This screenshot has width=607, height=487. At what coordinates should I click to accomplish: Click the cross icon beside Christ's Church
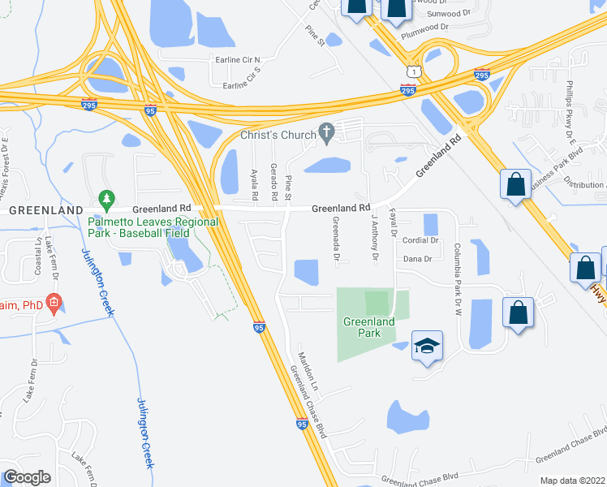click(x=327, y=131)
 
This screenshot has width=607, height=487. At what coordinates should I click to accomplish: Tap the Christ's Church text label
click(x=279, y=135)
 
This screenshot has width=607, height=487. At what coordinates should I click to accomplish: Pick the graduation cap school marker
click(x=427, y=346)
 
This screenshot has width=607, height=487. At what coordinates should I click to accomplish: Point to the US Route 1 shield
click(x=414, y=73)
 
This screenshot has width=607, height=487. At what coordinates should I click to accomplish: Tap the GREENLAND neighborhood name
click(x=36, y=209)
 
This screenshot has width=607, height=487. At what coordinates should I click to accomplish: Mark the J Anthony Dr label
click(x=375, y=238)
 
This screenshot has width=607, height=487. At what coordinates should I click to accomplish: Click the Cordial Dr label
click(x=420, y=240)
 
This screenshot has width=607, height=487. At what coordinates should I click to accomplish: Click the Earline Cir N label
click(x=235, y=60)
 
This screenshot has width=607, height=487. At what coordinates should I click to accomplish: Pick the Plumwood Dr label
click(x=424, y=27)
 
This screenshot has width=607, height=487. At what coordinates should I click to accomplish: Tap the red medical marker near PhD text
click(x=54, y=305)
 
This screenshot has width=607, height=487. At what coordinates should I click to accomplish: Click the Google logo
click(x=27, y=477)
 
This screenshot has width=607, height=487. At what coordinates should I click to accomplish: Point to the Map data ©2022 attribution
click(x=571, y=481)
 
